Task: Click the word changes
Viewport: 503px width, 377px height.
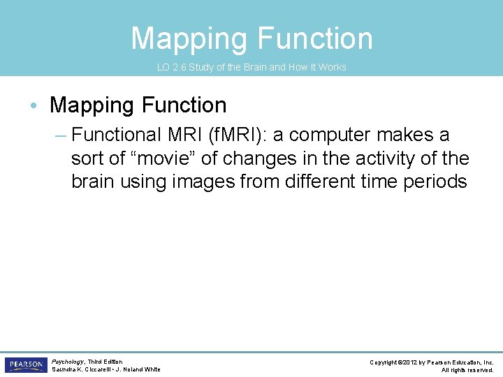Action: click(x=258, y=158)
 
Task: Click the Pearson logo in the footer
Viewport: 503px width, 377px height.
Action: click(x=25, y=364)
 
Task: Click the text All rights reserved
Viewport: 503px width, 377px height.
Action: click(x=467, y=370)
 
